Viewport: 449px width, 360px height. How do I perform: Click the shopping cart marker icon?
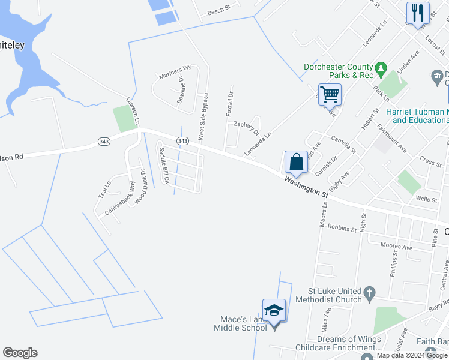click(x=330, y=94)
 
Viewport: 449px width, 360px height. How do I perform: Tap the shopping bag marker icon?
click(x=296, y=162)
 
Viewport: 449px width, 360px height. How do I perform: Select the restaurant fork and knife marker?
click(x=418, y=13)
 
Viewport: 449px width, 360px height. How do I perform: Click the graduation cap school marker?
click(x=274, y=310)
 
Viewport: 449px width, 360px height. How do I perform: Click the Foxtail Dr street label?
click(x=229, y=104)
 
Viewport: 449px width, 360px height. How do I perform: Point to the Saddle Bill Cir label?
click(x=163, y=166)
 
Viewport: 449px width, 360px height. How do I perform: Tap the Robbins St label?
click(x=343, y=228)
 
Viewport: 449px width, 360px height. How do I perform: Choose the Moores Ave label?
click(x=396, y=246)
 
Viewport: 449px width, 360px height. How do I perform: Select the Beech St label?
click(x=219, y=11)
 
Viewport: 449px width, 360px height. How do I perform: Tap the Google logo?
click(x=20, y=353)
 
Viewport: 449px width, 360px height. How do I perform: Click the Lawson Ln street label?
click(x=133, y=112)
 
